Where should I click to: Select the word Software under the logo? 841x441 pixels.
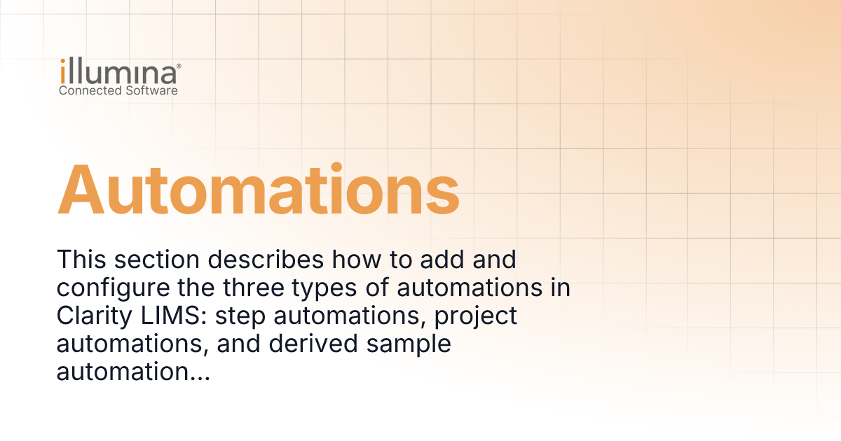pyautogui.click(x=150, y=91)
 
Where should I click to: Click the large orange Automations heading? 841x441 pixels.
pyautogui.click(x=258, y=190)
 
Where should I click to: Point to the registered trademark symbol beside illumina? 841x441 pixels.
pyautogui.click(x=179, y=65)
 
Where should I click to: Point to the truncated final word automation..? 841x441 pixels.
pyautogui.click(x=133, y=372)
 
